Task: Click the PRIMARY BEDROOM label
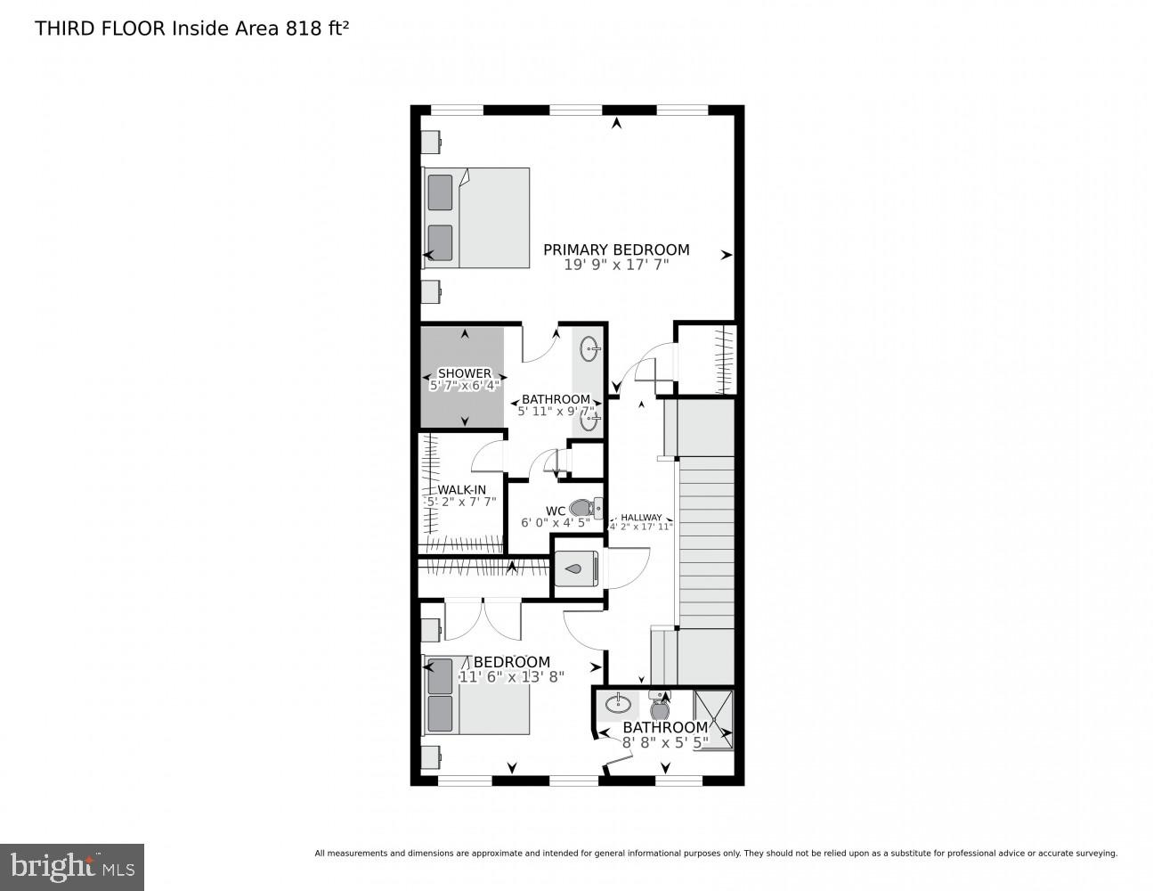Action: (x=616, y=250)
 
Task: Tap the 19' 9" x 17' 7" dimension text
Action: (x=616, y=265)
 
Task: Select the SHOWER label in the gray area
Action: (x=464, y=373)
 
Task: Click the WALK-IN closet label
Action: (x=461, y=489)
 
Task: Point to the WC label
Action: (x=556, y=511)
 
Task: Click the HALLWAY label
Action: (x=641, y=518)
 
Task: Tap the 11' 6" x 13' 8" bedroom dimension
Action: (x=512, y=676)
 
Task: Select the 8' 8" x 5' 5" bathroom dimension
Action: (x=665, y=741)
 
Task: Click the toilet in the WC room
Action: (x=583, y=508)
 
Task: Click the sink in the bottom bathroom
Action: (x=617, y=706)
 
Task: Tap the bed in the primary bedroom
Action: (x=477, y=217)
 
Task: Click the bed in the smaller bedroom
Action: (x=477, y=695)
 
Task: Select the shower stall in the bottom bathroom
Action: (x=714, y=718)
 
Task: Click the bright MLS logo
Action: (x=72, y=865)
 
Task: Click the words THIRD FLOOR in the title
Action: (x=100, y=29)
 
